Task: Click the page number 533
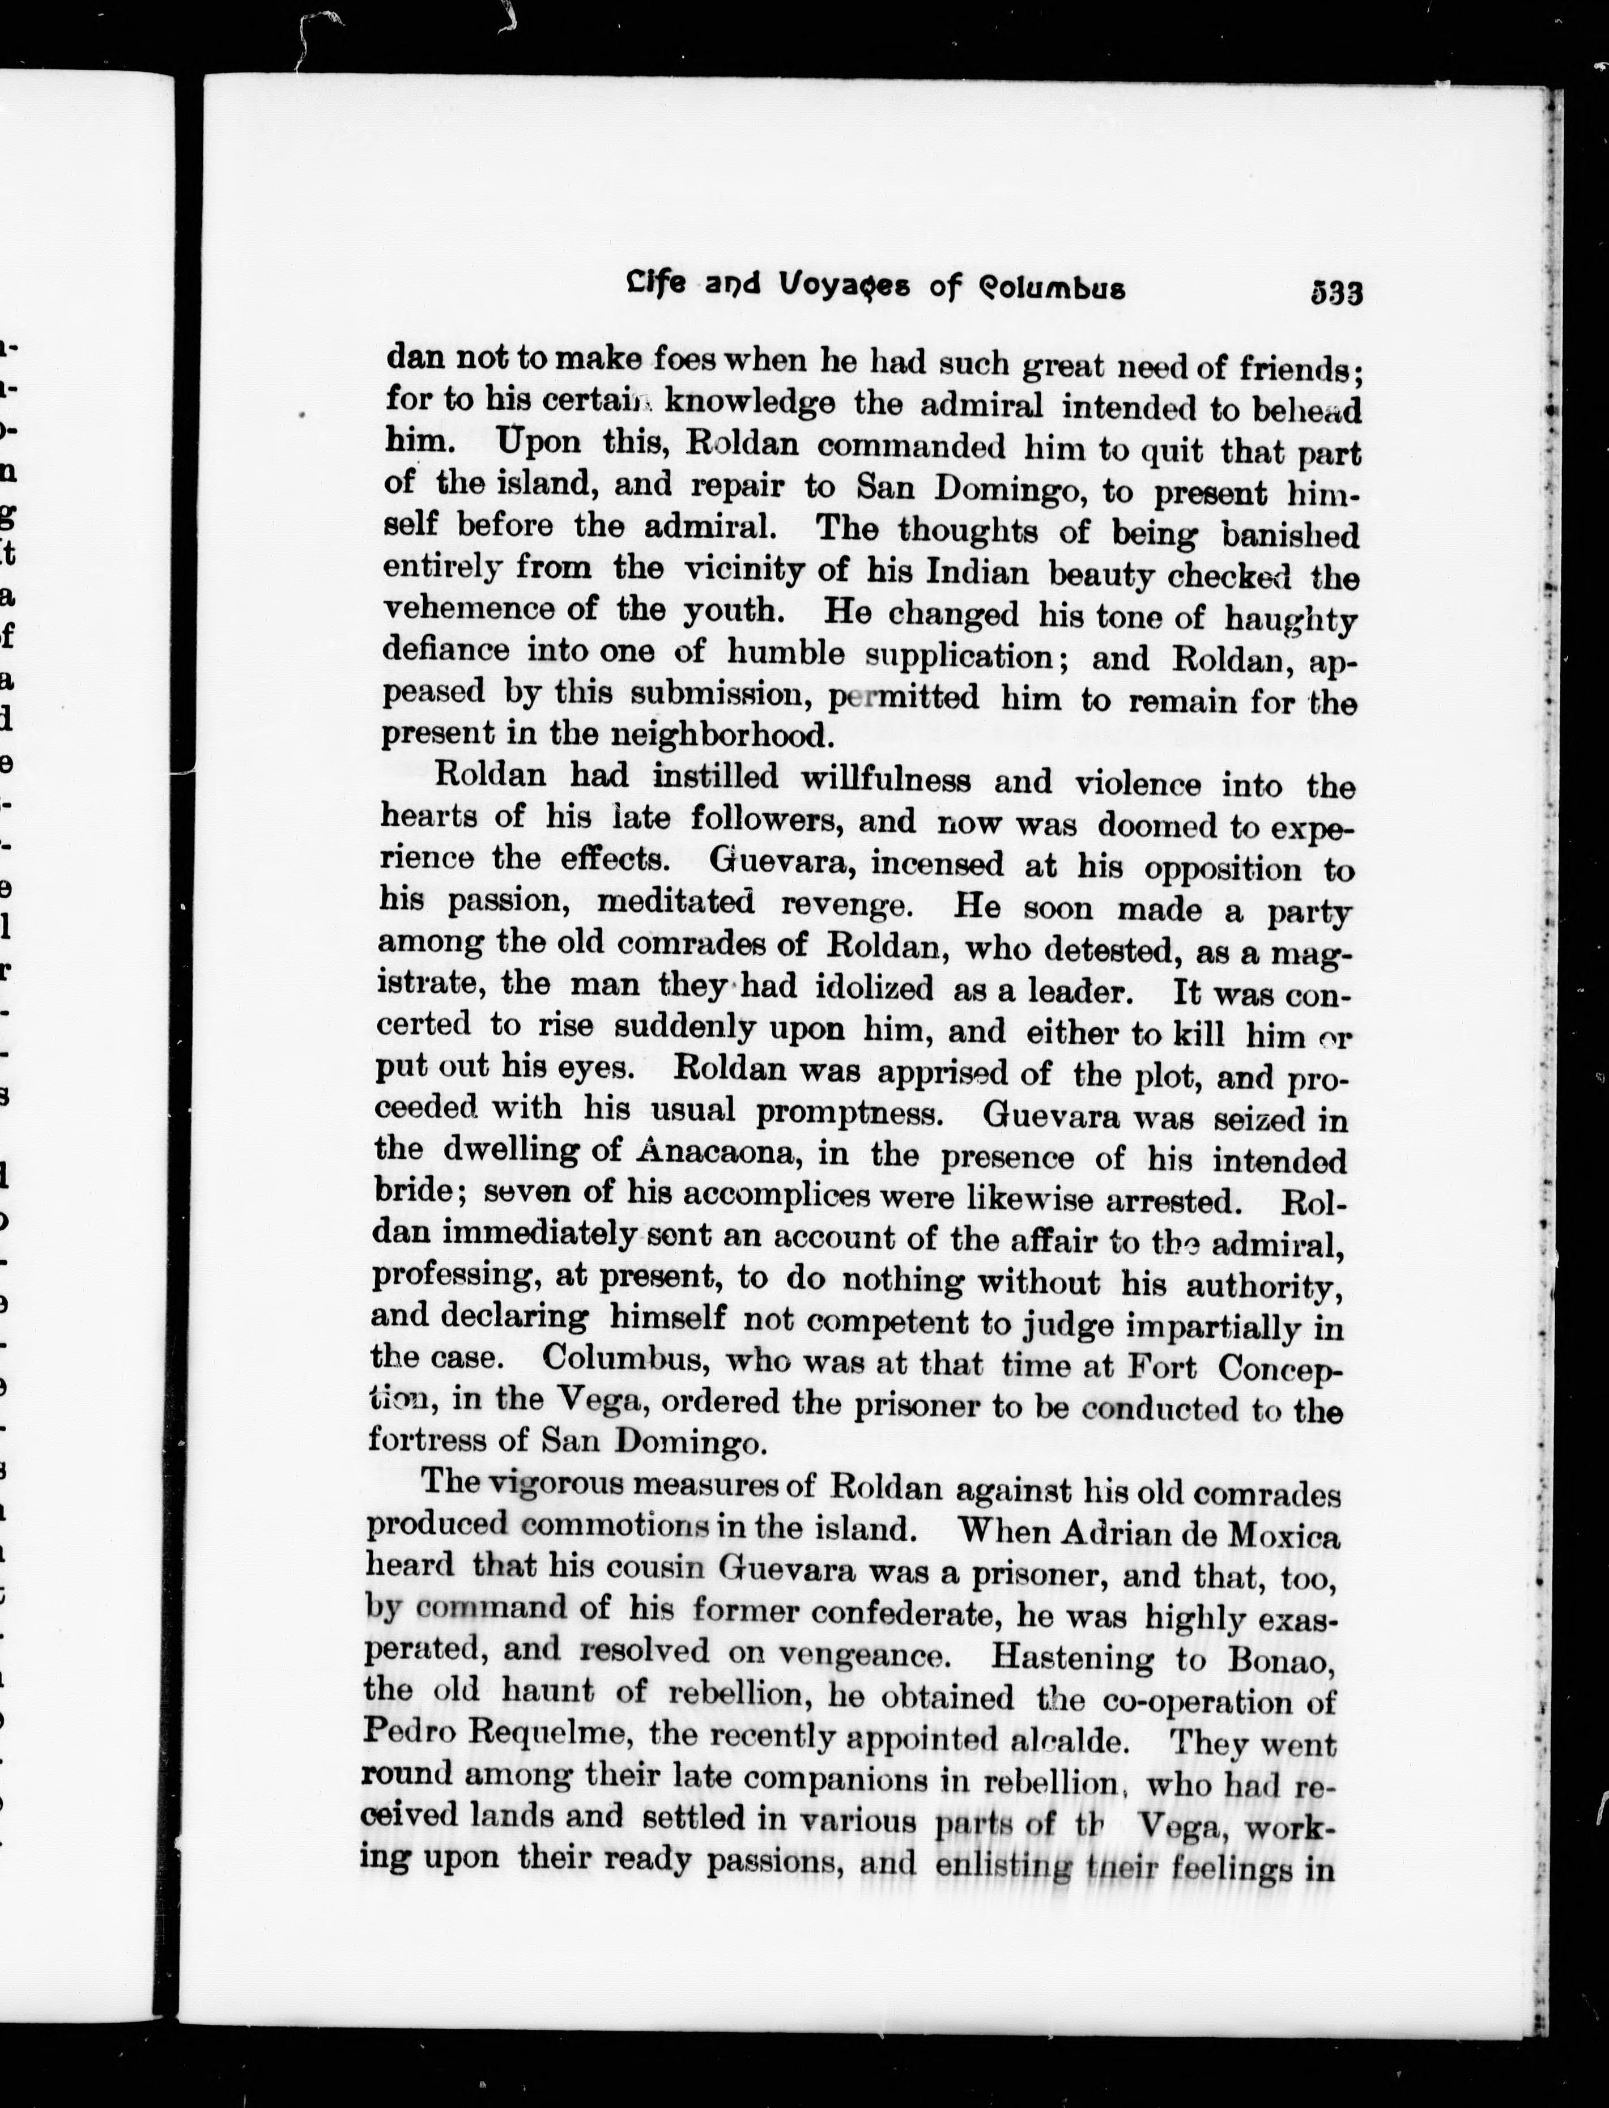(1336, 292)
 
